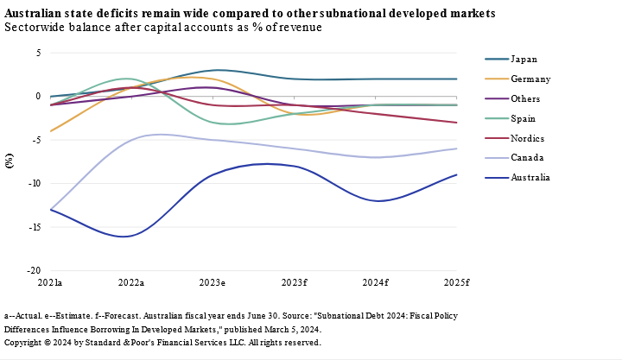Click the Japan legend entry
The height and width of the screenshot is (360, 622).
click(524, 60)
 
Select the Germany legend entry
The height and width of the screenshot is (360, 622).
click(530, 79)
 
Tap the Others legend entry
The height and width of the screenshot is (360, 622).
click(526, 99)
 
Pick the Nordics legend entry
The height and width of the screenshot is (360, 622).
click(528, 139)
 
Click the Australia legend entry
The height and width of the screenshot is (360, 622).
click(530, 178)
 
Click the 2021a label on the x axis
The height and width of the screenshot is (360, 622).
click(50, 282)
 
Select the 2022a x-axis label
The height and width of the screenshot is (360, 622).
click(131, 282)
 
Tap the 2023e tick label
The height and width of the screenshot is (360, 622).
click(213, 282)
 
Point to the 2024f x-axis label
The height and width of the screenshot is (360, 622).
click(375, 282)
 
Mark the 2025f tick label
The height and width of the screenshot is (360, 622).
click(456, 282)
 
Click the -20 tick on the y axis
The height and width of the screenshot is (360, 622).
click(35, 270)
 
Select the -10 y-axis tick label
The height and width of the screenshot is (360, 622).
click(35, 183)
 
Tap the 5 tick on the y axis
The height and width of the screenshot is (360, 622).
click(38, 53)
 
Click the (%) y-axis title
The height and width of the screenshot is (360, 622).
click(10, 161)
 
